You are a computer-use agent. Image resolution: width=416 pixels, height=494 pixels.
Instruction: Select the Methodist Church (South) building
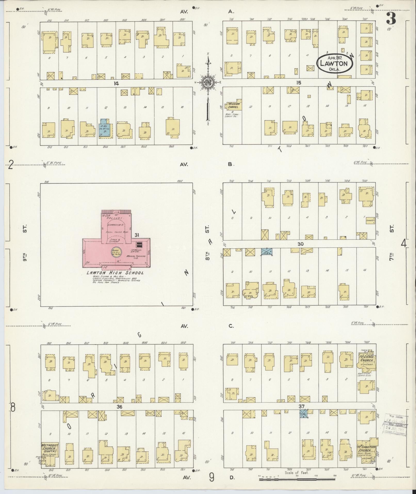coord(50,450)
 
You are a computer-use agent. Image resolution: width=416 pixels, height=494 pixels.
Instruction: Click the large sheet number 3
coord(391,18)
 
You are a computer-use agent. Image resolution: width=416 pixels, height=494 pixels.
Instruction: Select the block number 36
coord(119,407)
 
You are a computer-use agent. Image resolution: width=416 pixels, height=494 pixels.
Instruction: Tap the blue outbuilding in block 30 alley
coord(267,252)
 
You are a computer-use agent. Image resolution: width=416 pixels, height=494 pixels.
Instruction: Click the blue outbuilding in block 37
coord(303,415)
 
